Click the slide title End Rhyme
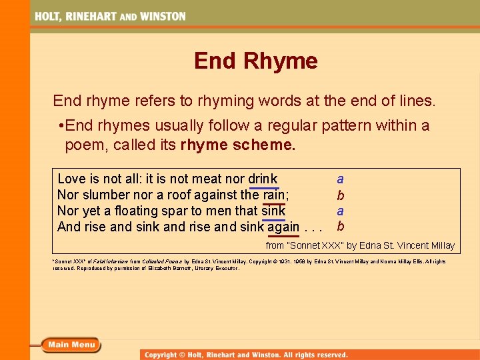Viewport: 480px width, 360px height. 256,61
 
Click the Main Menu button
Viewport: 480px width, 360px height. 71,345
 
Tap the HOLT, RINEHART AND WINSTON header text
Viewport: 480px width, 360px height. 111,16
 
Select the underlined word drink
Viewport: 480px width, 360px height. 263,179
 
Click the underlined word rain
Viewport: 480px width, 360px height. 274,195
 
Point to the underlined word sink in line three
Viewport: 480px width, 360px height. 273,211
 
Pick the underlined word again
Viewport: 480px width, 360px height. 283,227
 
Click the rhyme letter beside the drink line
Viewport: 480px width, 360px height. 340,179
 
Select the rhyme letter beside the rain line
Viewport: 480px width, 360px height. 341,195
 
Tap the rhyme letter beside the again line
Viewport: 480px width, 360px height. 341,226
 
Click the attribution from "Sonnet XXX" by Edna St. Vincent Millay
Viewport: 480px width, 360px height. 360,245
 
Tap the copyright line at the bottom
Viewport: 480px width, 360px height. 247,355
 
